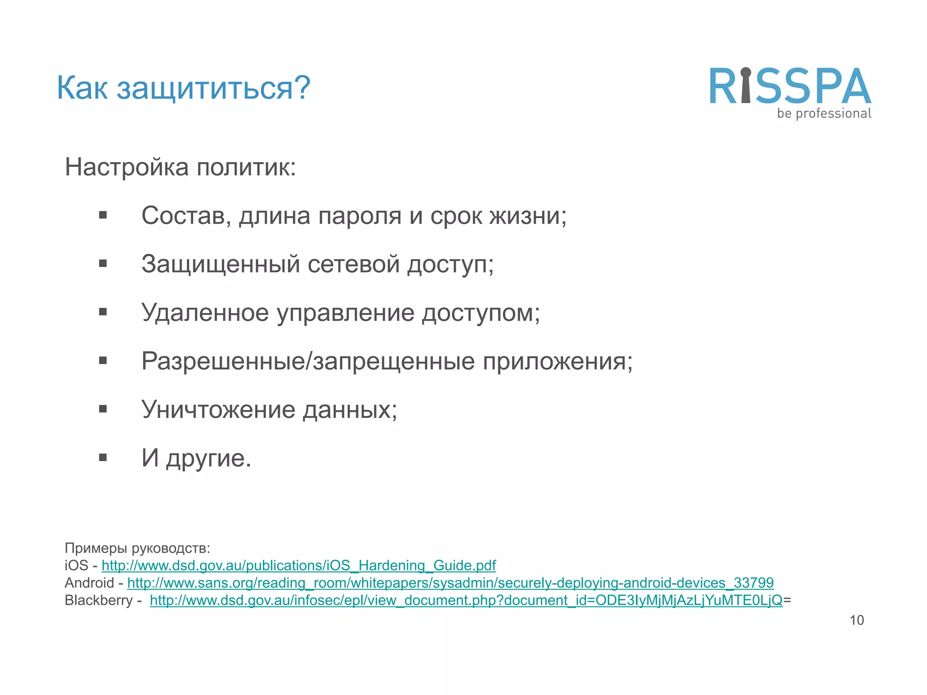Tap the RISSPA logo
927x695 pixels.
click(789, 86)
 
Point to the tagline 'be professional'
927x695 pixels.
click(824, 113)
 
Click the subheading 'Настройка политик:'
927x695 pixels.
click(180, 167)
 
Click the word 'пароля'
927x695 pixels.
click(359, 215)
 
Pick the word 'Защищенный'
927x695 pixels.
click(220, 264)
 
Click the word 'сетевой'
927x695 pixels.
click(353, 264)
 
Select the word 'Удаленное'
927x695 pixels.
click(205, 312)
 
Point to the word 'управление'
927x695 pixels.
click(345, 313)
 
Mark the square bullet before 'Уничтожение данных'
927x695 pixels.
click(103, 409)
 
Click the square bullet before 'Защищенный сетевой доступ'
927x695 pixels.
click(103, 263)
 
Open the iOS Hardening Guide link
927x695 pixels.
click(299, 566)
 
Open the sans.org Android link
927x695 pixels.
click(450, 583)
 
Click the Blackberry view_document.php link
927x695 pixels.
click(466, 600)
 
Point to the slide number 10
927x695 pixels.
click(856, 620)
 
